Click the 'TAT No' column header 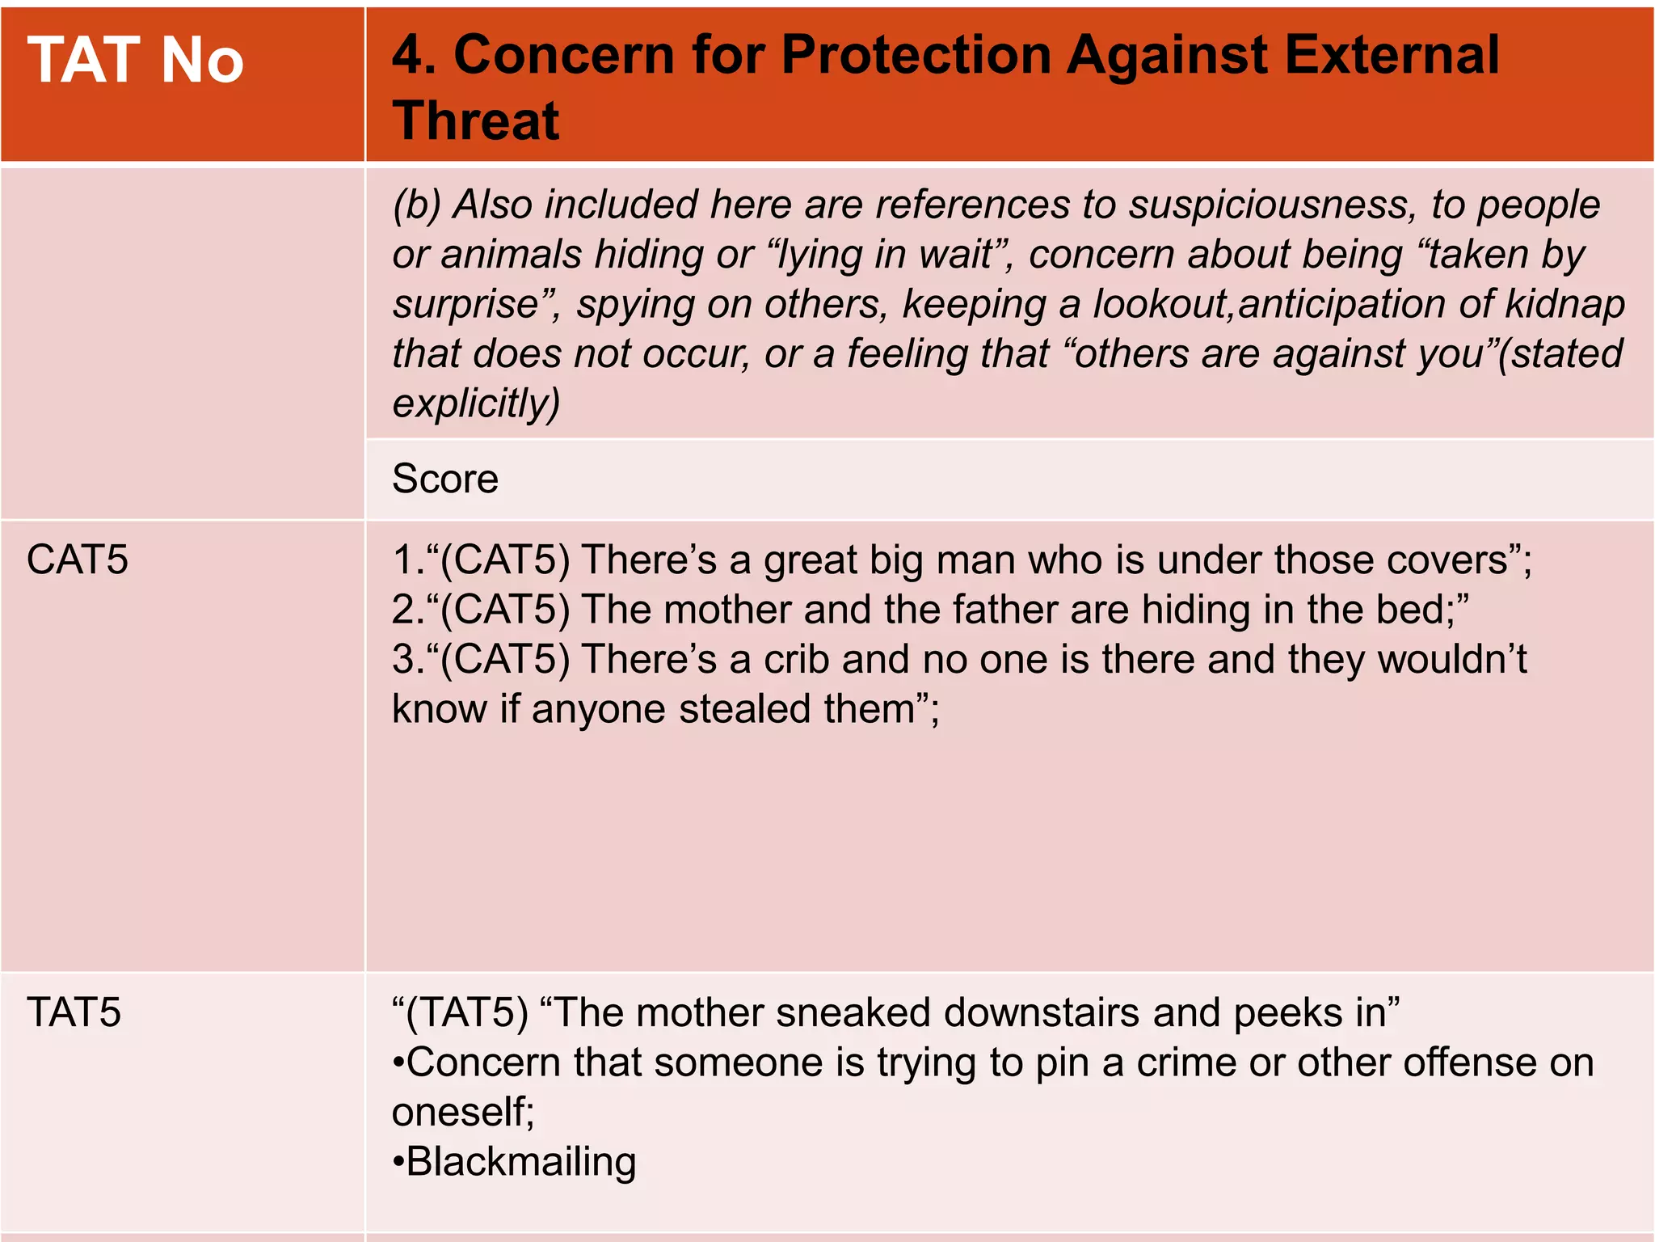click(x=135, y=61)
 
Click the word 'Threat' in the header click(x=476, y=121)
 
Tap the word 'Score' click(x=444, y=479)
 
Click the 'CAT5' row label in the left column click(x=77, y=560)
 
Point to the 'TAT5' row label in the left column click(x=74, y=1012)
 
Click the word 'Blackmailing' click(x=521, y=1162)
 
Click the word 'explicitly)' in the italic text click(x=476, y=403)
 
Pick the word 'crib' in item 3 click(x=796, y=659)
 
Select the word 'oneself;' click(x=463, y=1113)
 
